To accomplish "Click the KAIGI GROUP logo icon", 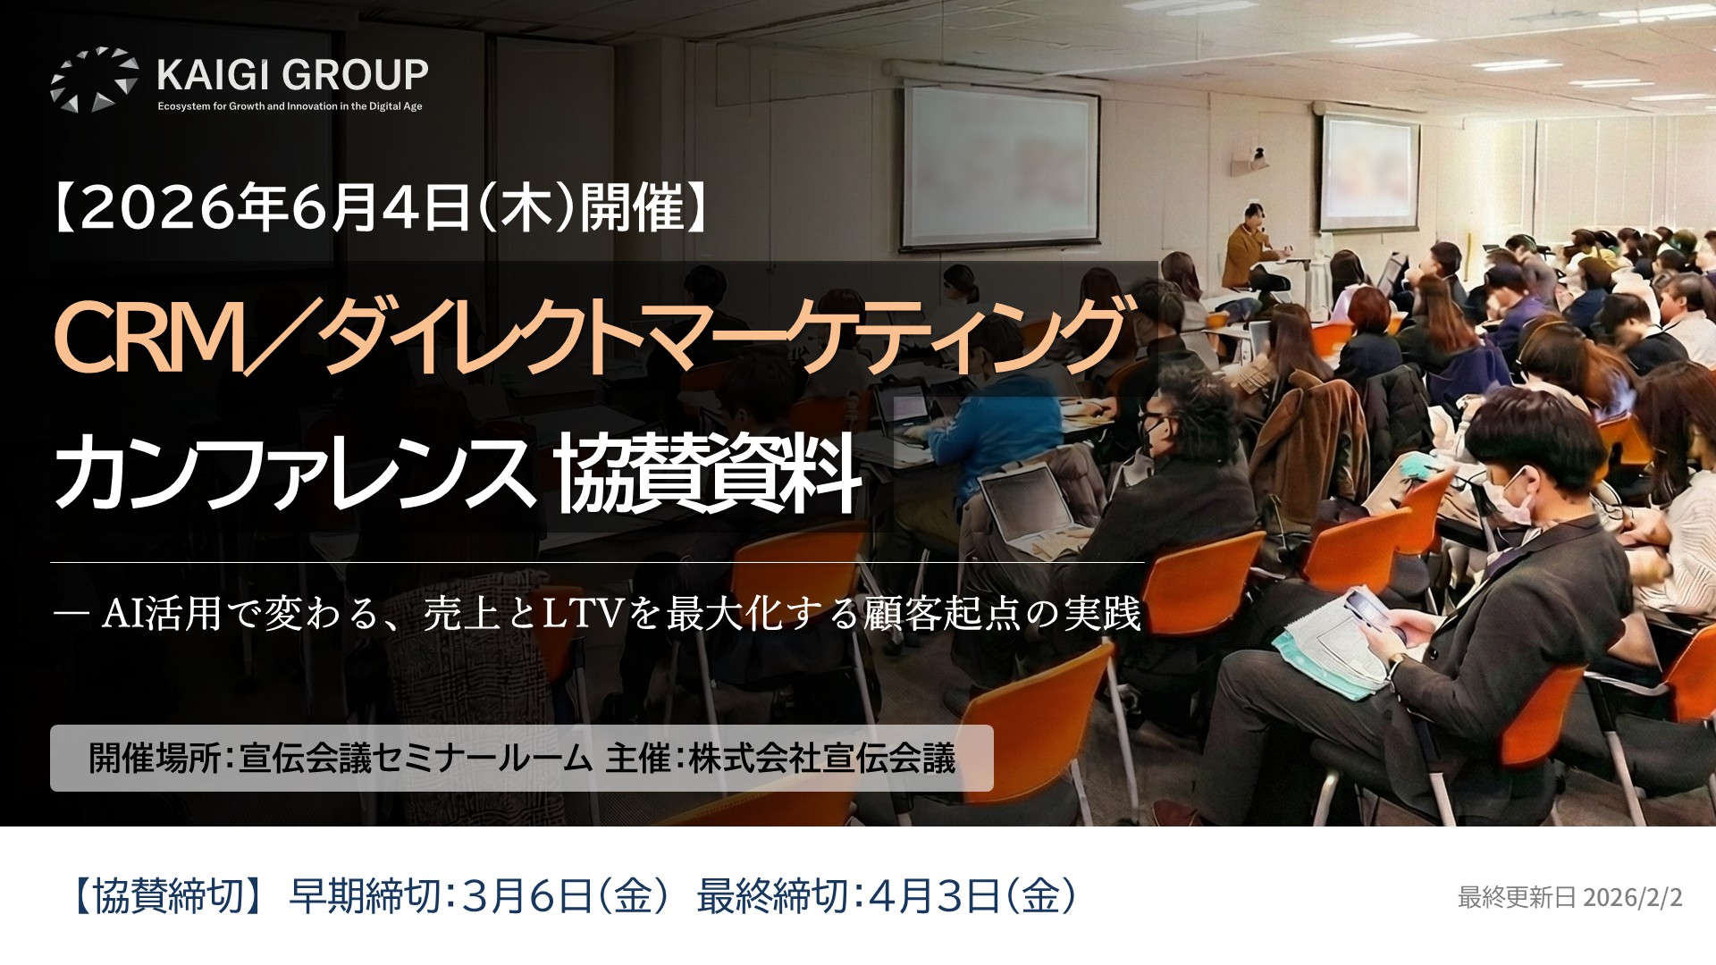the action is tap(95, 80).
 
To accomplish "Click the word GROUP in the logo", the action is tap(362, 75).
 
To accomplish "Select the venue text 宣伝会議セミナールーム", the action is tap(416, 759).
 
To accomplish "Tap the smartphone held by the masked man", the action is tap(1369, 611).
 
